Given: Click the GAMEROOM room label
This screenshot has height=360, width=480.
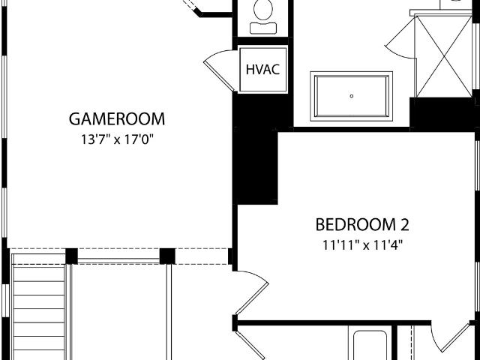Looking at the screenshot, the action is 117,119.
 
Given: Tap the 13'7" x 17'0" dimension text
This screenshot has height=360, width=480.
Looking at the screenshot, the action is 117,140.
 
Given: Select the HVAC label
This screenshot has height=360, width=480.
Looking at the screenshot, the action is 263,70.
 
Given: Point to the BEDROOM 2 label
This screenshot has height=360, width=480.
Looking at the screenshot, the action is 362,224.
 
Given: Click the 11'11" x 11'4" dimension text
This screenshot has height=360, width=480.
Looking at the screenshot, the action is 362,245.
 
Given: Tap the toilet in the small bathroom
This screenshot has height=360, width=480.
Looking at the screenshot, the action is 263,16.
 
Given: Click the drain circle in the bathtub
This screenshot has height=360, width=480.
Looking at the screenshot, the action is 352,96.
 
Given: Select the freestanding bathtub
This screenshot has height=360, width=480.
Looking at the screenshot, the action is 352,96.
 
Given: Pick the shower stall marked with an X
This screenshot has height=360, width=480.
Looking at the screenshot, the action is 442,56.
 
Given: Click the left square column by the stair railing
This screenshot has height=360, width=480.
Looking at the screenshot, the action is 72,256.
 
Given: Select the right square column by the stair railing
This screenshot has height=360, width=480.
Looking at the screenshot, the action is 167,256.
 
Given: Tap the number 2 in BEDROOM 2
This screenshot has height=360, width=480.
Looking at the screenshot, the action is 404,224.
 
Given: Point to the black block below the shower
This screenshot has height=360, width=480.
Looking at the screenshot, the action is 442,114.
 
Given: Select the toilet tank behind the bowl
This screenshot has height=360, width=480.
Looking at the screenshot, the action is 263,28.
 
